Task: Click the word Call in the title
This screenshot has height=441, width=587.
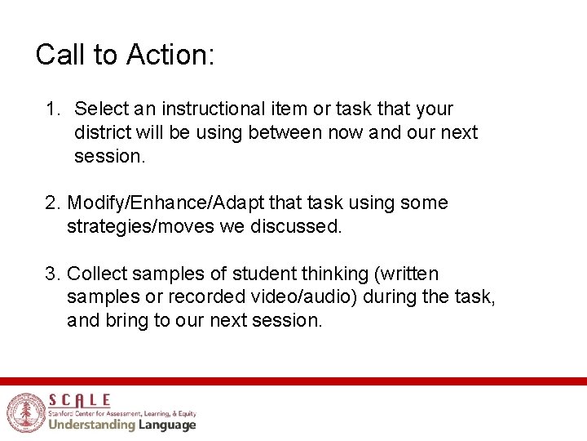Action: [62, 55]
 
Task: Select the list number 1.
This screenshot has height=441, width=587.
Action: [52, 109]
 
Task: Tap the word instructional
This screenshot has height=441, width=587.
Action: [213, 109]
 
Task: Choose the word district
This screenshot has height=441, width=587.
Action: [100, 132]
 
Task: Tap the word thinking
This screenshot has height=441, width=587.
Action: [324, 274]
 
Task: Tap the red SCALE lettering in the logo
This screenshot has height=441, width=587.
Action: [79, 399]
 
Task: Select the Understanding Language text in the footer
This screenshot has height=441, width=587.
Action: [121, 425]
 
